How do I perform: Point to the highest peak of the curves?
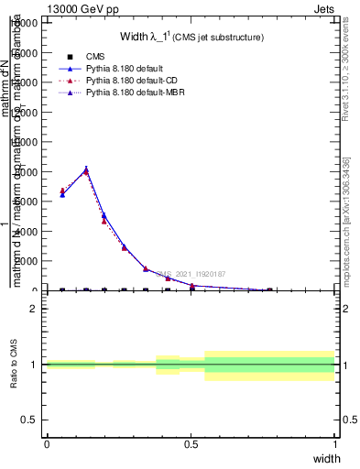[x=86, y=169]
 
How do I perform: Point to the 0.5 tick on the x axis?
[x=191, y=444]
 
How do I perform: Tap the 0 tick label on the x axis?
[x=46, y=444]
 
